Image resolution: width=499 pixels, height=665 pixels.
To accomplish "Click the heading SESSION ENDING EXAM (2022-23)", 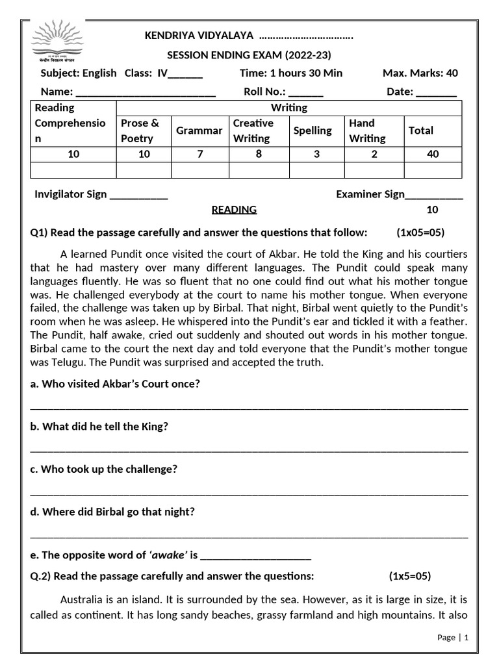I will point(249,55).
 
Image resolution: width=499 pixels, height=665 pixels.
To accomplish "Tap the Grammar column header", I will point(199,131).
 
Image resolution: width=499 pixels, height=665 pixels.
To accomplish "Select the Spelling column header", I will point(313,131).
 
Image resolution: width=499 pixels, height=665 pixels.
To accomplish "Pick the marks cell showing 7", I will point(199,154).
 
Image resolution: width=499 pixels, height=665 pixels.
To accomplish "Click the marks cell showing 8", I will point(258,154).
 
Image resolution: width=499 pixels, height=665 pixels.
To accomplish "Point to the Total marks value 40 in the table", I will point(433,154).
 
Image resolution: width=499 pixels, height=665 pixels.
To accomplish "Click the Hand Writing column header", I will point(366,131).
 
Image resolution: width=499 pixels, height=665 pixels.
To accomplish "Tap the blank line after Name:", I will point(146,93).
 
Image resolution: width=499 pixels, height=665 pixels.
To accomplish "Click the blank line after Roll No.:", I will point(305,93).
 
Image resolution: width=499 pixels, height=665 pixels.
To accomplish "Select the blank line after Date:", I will point(436,93).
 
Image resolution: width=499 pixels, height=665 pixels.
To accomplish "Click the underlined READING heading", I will point(234,210).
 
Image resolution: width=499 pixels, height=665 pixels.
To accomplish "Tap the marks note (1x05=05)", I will point(420,233).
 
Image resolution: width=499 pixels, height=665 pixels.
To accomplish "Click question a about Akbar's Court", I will point(115,384).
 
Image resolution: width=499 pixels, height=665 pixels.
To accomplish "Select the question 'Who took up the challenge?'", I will point(104,469).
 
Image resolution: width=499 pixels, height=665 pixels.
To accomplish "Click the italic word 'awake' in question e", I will point(168,555).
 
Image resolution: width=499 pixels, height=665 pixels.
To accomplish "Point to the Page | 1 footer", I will point(452,637).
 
